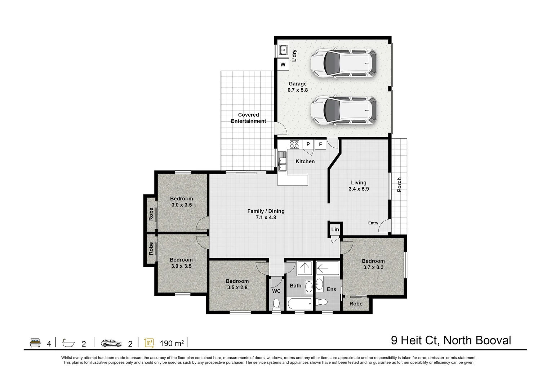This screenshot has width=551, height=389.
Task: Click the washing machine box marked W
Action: [283, 65]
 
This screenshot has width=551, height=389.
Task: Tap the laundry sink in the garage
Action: [283, 49]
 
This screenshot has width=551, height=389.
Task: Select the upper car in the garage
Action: [344, 63]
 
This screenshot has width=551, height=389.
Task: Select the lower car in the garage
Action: [344, 110]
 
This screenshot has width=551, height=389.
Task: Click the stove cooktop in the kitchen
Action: [294, 144]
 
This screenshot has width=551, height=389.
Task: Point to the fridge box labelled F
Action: [320, 144]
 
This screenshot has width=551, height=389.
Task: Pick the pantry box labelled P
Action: [308, 144]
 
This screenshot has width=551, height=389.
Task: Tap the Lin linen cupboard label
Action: [335, 229]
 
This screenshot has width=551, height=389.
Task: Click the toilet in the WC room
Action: [276, 304]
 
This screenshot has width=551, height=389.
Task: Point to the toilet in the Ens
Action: [323, 302]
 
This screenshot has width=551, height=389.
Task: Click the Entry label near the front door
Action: [373, 223]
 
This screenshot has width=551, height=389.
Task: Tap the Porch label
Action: [399, 184]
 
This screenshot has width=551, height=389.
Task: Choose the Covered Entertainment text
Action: [248, 118]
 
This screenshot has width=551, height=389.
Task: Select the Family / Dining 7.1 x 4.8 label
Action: [266, 214]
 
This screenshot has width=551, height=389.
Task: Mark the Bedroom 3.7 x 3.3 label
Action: [373, 264]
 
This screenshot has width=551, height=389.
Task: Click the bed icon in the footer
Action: [35, 343]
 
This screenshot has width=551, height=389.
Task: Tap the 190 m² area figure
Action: [172, 344]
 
